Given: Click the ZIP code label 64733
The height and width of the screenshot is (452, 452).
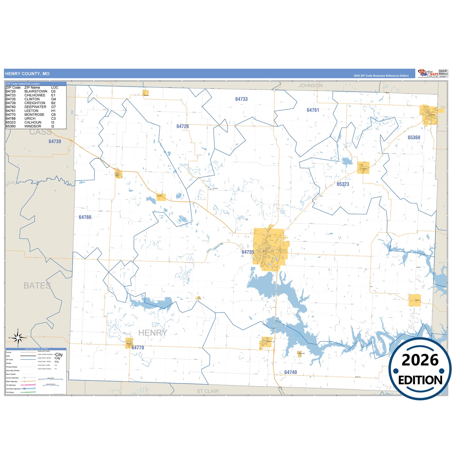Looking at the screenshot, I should (241, 99).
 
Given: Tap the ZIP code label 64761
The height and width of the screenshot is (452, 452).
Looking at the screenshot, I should (313, 110).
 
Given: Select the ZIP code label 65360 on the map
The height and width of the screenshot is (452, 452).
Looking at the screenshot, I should (414, 138).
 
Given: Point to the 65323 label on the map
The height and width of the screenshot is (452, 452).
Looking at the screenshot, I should (343, 184).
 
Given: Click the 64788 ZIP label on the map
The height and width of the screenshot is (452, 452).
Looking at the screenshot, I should (85, 217).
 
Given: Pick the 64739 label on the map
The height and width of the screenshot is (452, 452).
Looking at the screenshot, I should (55, 141).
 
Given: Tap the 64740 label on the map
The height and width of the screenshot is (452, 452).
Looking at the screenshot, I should (291, 372).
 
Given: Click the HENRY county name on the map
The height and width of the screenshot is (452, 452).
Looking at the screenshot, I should (153, 333).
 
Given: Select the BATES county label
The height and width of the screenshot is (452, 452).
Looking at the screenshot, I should (37, 286).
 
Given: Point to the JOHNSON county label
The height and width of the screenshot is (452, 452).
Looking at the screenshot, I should (310, 85).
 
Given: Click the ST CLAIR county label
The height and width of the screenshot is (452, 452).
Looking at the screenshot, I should (208, 391).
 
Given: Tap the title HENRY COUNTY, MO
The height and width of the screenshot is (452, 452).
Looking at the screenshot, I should (27, 74).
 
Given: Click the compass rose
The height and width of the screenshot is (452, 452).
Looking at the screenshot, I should (18, 338).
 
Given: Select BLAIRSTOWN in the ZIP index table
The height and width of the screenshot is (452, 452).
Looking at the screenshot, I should (36, 91).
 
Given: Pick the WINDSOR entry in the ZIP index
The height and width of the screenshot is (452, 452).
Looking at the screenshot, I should (33, 126).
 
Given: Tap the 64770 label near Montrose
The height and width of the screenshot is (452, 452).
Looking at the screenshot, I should (138, 348).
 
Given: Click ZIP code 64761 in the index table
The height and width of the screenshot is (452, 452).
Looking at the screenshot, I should (11, 111).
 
